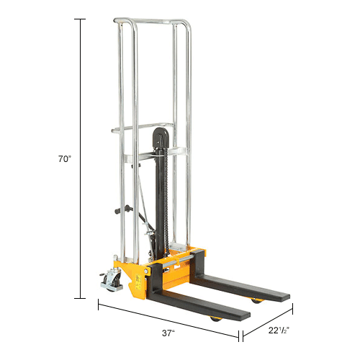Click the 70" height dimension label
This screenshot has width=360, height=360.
pyautogui.click(x=66, y=159)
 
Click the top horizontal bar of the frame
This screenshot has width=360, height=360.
pyautogui.click(x=152, y=22)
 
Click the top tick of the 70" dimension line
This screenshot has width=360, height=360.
pyautogui.click(x=79, y=19)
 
